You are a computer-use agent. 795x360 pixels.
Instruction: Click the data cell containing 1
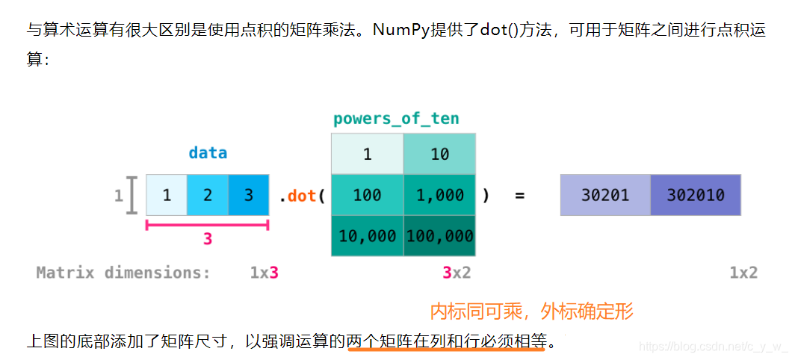166,196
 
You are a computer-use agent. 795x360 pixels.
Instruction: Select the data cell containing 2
207,196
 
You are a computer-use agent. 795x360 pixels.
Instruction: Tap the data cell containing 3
248,196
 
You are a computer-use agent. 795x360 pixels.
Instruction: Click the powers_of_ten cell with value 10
439,154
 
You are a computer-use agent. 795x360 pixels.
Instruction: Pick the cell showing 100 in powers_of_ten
367,196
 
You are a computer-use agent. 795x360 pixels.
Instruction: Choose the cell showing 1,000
439,196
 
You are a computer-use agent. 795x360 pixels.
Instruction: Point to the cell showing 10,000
367,236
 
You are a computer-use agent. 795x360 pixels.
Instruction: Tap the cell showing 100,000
439,236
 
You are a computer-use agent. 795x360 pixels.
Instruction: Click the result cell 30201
605,195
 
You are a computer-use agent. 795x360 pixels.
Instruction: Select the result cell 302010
695,195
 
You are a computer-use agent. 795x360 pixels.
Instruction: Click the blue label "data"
208,153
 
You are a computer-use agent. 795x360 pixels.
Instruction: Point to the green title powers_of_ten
396,119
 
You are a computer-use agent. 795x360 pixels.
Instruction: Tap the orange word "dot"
302,196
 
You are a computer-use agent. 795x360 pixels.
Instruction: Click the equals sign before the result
520,196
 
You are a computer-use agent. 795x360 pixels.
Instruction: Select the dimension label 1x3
264,273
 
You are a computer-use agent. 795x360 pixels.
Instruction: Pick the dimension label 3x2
456,273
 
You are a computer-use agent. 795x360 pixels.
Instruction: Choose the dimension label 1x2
743,273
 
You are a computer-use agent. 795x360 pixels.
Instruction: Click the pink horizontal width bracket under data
207,225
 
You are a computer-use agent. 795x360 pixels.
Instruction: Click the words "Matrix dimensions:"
123,273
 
